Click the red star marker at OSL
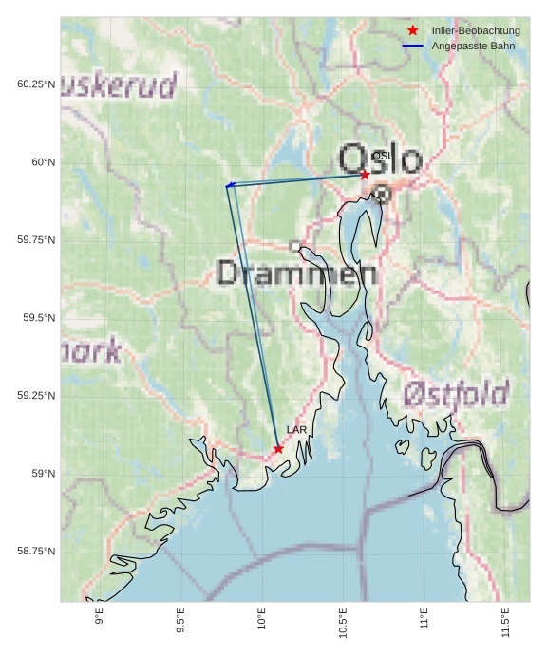[365, 175]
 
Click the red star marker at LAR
[278, 449]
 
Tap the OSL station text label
[383, 156]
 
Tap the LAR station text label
[297, 430]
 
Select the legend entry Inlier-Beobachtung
[476, 30]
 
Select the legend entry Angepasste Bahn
[473, 46]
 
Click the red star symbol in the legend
[412, 30]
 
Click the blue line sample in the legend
[412, 46]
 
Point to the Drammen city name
[297, 273]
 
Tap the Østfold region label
[456, 393]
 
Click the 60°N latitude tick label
[38, 162]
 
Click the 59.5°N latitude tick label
[35, 318]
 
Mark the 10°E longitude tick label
[262, 622]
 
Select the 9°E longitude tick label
[100, 622]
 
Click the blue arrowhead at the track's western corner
[229, 185]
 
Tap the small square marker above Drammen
[295, 247]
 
